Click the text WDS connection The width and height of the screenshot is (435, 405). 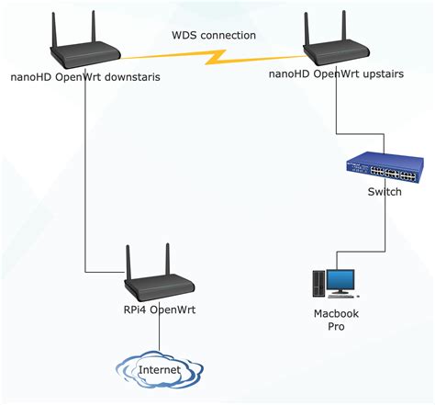pyautogui.click(x=214, y=36)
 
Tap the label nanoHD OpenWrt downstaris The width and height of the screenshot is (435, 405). pyautogui.click(x=86, y=78)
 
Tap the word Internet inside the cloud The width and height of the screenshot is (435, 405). pyautogui.click(x=159, y=370)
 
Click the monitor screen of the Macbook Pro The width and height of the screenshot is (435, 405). pyautogui.click(x=341, y=278)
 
